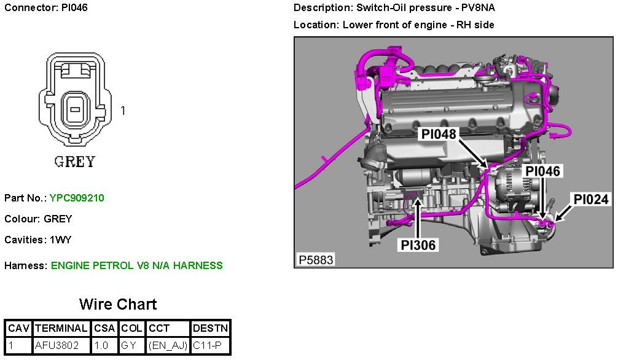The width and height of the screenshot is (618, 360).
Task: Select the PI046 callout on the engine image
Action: [543, 171]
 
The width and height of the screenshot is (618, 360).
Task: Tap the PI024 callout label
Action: [591, 199]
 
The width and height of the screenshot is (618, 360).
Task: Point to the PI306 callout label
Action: [418, 246]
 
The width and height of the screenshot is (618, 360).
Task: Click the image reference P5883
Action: [316, 260]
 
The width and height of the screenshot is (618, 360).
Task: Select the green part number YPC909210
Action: [77, 198]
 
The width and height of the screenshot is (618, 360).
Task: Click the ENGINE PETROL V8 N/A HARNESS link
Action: [136, 265]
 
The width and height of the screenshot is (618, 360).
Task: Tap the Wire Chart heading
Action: [118, 304]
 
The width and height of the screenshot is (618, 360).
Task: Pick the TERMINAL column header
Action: [61, 329]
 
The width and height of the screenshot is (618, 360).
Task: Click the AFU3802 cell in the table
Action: [57, 346]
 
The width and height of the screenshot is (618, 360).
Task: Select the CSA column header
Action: [104, 329]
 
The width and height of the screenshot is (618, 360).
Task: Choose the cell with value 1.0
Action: [101, 346]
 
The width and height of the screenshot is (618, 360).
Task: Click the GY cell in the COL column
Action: [129, 346]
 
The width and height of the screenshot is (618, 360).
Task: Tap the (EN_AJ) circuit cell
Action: [168, 346]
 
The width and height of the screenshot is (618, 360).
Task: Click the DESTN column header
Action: [210, 329]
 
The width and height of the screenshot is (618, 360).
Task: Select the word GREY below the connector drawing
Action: [75, 162]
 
